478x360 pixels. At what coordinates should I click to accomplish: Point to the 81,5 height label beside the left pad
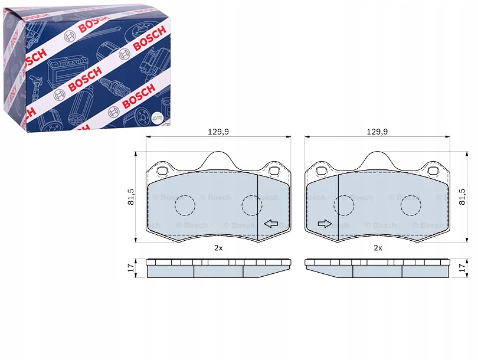tap(131, 197)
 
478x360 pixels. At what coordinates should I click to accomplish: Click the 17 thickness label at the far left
tap(131, 268)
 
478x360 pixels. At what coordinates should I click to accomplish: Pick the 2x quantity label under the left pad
tap(218, 248)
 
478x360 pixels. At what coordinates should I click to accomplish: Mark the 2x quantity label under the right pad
tap(378, 248)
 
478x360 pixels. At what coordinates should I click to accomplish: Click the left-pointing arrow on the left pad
tap(271, 224)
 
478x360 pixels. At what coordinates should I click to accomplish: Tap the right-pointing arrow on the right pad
tap(325, 224)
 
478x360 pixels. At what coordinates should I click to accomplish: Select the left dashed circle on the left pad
tap(185, 205)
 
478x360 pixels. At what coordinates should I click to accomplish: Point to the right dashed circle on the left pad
tap(252, 205)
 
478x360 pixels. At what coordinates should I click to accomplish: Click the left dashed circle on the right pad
tap(344, 205)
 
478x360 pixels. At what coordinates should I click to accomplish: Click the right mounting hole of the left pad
tap(274, 171)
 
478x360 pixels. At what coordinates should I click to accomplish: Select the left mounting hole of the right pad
tap(322, 171)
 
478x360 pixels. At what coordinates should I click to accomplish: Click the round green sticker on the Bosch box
tap(157, 118)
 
